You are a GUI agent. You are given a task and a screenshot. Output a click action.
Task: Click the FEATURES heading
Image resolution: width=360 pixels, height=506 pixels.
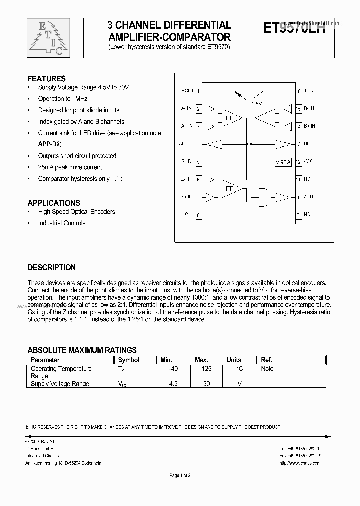(x=46, y=79)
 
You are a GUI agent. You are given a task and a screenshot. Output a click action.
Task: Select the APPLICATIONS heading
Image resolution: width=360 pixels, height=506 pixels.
(x=54, y=203)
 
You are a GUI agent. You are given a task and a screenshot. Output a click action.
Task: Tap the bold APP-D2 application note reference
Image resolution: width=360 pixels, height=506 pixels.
(x=50, y=144)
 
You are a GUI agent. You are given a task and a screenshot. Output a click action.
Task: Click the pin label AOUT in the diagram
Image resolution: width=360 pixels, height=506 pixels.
(x=185, y=144)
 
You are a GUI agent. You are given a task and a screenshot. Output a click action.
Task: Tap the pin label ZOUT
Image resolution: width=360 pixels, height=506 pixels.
(x=309, y=197)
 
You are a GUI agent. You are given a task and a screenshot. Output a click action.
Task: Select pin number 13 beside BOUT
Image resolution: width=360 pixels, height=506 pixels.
(x=298, y=144)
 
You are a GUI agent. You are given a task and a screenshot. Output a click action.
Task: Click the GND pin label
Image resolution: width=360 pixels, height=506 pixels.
(x=186, y=162)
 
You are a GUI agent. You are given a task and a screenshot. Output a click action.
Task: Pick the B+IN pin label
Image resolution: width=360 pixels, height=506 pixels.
(x=309, y=126)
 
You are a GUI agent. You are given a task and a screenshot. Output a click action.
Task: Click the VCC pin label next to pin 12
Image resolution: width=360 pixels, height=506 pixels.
(x=308, y=162)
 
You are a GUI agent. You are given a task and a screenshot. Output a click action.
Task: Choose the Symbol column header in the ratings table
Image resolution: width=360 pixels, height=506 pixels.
(x=128, y=360)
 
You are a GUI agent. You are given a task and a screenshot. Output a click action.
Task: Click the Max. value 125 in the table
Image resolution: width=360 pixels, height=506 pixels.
(x=206, y=369)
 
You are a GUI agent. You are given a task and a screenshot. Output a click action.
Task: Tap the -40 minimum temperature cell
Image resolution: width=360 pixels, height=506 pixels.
(x=173, y=369)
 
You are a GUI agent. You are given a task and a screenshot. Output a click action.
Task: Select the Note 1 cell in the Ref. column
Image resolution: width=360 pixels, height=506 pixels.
(x=270, y=369)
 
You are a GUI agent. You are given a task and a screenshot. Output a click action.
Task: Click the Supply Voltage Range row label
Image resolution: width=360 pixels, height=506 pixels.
(x=60, y=384)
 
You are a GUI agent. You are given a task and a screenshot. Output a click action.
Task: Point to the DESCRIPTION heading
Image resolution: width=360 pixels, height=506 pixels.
(x=51, y=268)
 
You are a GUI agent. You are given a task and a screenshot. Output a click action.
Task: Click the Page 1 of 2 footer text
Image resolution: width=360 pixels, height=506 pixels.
(x=180, y=475)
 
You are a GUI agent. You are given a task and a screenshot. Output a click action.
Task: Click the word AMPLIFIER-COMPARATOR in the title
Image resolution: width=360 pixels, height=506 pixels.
(x=170, y=37)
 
